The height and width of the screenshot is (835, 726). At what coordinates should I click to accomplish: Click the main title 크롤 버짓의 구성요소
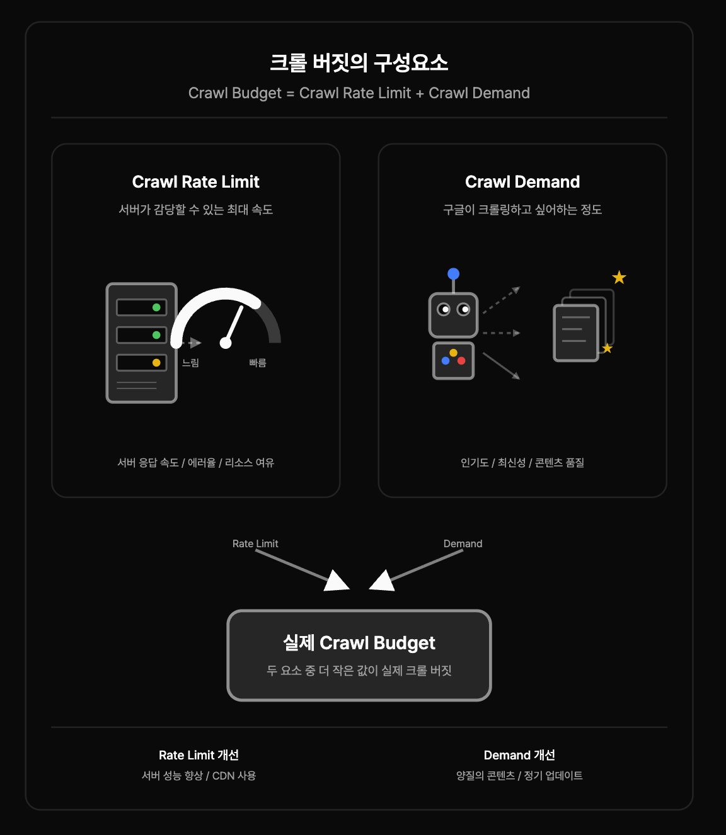click(359, 63)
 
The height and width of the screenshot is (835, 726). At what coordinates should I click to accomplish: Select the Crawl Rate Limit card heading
click(195, 182)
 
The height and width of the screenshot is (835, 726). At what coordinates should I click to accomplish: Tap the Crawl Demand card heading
click(522, 182)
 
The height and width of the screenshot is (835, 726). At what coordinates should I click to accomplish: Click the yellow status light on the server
click(156, 363)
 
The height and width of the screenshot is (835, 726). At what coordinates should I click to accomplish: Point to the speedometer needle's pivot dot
click(226, 343)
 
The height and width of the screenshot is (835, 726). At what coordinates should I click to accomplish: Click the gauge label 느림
click(190, 363)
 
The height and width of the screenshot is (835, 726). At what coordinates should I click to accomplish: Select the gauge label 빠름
click(258, 363)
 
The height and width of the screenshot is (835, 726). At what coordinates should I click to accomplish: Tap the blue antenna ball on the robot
click(453, 274)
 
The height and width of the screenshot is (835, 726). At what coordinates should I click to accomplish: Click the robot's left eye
click(444, 309)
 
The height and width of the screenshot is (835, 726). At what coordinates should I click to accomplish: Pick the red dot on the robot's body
click(461, 360)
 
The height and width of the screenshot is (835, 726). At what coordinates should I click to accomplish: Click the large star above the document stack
click(619, 278)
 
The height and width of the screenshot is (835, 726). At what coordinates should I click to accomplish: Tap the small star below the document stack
click(607, 348)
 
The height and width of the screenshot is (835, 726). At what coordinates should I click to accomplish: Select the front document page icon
click(576, 333)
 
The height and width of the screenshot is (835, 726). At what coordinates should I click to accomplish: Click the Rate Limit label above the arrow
click(255, 543)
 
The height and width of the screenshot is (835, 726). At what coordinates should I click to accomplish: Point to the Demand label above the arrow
click(463, 543)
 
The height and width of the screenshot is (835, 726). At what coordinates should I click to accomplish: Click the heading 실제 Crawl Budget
click(359, 643)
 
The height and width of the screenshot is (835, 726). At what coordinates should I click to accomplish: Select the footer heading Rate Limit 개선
click(199, 755)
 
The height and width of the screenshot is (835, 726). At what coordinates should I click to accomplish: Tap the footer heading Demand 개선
click(519, 755)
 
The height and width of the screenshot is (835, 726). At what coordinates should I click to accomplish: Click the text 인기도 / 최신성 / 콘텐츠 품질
click(522, 462)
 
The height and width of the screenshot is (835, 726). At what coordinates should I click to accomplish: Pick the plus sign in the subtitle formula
click(420, 93)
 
